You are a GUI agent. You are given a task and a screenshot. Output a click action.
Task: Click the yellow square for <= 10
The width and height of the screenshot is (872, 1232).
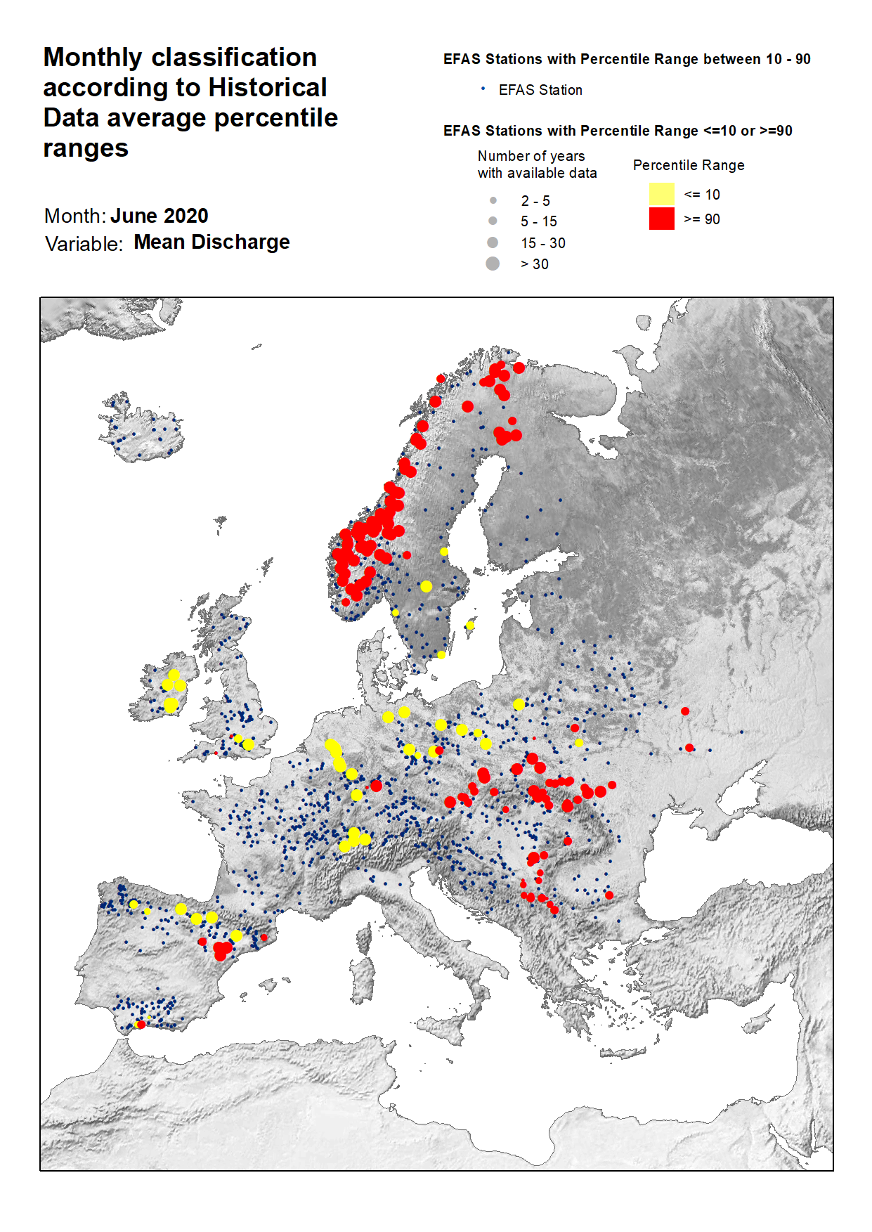point(661,194)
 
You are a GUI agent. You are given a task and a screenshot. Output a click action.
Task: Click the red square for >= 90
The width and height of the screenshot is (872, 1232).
point(661,219)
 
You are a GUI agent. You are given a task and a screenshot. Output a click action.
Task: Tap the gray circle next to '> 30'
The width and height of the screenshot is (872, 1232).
point(493,264)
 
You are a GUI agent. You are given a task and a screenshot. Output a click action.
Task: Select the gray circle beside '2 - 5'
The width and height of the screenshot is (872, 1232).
point(493,200)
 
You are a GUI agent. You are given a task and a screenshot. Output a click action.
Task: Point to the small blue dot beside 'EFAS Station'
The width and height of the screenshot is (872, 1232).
point(483,89)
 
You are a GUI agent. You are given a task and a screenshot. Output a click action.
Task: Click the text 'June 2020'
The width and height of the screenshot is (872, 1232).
point(160,216)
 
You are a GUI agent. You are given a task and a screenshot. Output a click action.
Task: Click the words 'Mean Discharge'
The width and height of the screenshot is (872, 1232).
point(212,242)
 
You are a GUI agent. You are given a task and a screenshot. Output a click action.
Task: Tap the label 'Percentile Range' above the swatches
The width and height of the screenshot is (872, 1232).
point(688,165)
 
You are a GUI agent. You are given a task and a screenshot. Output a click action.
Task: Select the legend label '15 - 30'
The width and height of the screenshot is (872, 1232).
point(542,243)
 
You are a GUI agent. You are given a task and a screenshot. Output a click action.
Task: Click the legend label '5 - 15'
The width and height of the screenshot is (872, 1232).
point(538,221)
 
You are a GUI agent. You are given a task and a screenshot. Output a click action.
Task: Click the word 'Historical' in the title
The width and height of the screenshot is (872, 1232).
point(268,88)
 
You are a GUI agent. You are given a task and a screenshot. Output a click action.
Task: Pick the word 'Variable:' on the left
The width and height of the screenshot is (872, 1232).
point(84,244)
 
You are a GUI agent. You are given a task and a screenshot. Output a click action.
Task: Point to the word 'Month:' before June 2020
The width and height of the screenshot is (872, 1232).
point(75,216)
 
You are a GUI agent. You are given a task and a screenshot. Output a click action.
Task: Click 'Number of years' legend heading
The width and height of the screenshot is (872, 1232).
point(531,156)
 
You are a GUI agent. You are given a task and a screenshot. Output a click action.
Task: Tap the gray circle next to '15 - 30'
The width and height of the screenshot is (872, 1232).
point(493,242)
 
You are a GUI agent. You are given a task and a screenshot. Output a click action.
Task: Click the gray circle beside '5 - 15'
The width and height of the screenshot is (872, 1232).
point(493,221)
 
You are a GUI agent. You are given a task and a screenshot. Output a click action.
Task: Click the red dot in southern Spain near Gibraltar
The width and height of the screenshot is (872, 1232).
point(141,1025)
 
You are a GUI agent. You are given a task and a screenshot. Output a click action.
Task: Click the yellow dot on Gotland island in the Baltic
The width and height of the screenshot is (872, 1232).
point(469,625)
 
